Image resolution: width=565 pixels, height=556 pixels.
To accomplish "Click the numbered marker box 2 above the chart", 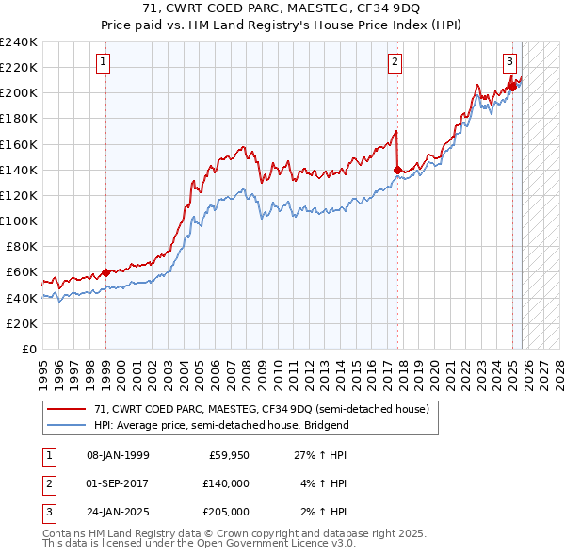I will tap(395, 63).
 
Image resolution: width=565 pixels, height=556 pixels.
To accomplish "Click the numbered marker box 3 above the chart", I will tap(509, 63).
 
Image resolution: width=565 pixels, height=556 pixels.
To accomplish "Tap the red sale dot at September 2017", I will tap(397, 170).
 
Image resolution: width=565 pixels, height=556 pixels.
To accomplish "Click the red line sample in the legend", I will tap(66, 409).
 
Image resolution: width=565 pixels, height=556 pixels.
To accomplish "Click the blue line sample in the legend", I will tap(66, 425).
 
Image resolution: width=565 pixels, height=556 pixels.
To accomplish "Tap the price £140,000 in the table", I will tap(226, 483).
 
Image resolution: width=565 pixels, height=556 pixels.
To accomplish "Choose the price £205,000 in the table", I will tap(226, 512).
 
